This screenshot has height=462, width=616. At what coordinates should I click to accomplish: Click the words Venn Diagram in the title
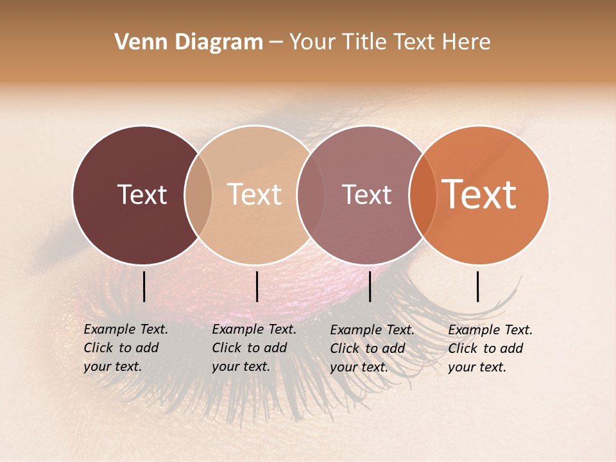pos(189,42)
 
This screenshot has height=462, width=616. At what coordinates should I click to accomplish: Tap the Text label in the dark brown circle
pos(142,194)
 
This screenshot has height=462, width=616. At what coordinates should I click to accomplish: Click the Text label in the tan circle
pos(255,194)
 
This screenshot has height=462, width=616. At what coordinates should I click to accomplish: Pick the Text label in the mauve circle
pos(366,194)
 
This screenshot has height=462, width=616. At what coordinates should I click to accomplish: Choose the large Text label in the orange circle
pos(479,194)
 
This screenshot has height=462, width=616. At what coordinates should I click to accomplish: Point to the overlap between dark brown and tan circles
pos(198,195)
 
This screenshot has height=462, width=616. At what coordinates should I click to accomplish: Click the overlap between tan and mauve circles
pos(309,195)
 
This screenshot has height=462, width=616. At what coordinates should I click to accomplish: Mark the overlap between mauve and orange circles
pos(422,195)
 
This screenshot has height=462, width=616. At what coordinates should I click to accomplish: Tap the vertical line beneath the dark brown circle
pos(144,286)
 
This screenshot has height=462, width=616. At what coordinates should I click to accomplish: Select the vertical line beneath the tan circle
pos(257,286)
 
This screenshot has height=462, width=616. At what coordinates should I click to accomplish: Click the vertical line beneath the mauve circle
pos(370,286)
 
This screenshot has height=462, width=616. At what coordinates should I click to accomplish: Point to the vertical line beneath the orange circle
pos(478,286)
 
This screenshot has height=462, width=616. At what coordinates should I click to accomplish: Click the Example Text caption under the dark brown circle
pos(125,348)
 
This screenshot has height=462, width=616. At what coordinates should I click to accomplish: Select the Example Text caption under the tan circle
pos(253,348)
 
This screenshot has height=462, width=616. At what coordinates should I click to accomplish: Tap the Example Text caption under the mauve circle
pos(372,348)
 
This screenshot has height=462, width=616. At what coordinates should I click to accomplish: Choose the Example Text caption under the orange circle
pos(490,348)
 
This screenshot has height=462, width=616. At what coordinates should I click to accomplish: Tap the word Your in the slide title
pos(312,42)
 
